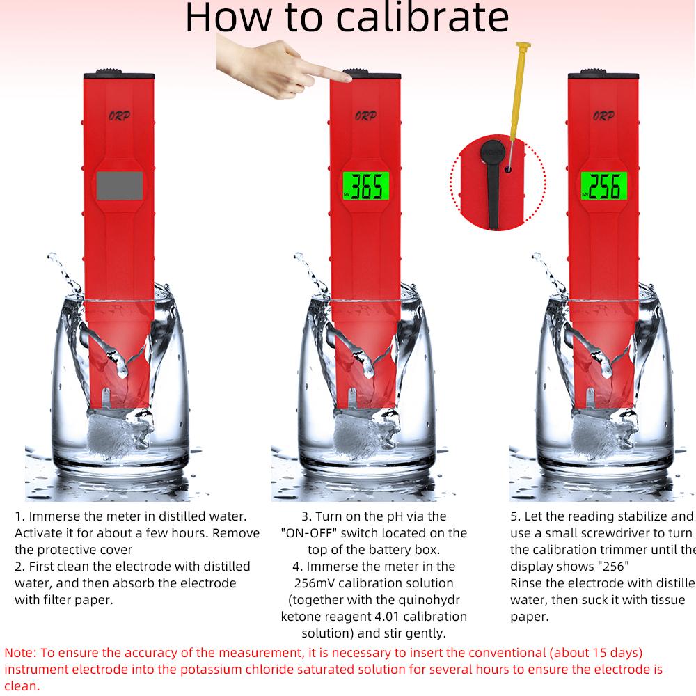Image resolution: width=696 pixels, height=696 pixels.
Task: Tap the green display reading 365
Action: [x=365, y=187]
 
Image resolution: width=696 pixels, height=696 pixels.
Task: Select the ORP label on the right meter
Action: [x=603, y=116]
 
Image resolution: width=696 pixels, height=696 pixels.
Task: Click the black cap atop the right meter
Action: [x=603, y=75]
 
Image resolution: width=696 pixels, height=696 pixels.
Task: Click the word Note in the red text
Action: [x=19, y=653]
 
